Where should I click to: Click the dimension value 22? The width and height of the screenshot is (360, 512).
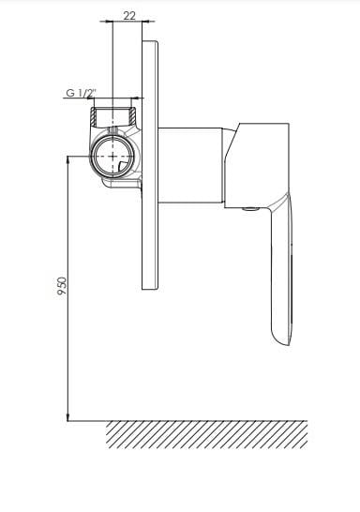pyautogui.click(x=129, y=15)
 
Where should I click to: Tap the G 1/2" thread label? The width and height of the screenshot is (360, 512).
pyautogui.click(x=80, y=93)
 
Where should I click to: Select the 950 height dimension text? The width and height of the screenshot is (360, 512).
pyautogui.click(x=62, y=286)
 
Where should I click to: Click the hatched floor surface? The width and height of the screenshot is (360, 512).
pyautogui.click(x=206, y=434)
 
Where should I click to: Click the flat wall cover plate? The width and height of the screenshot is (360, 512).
pyautogui.click(x=150, y=165)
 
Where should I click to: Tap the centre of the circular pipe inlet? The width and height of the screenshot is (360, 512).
pyautogui.click(x=112, y=156)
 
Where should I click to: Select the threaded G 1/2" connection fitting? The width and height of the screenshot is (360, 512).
pyautogui.click(x=112, y=116)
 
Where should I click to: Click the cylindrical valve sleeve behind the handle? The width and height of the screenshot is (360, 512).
pyautogui.click(x=190, y=166)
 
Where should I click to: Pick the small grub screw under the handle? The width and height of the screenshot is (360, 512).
pyautogui.click(x=251, y=209)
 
